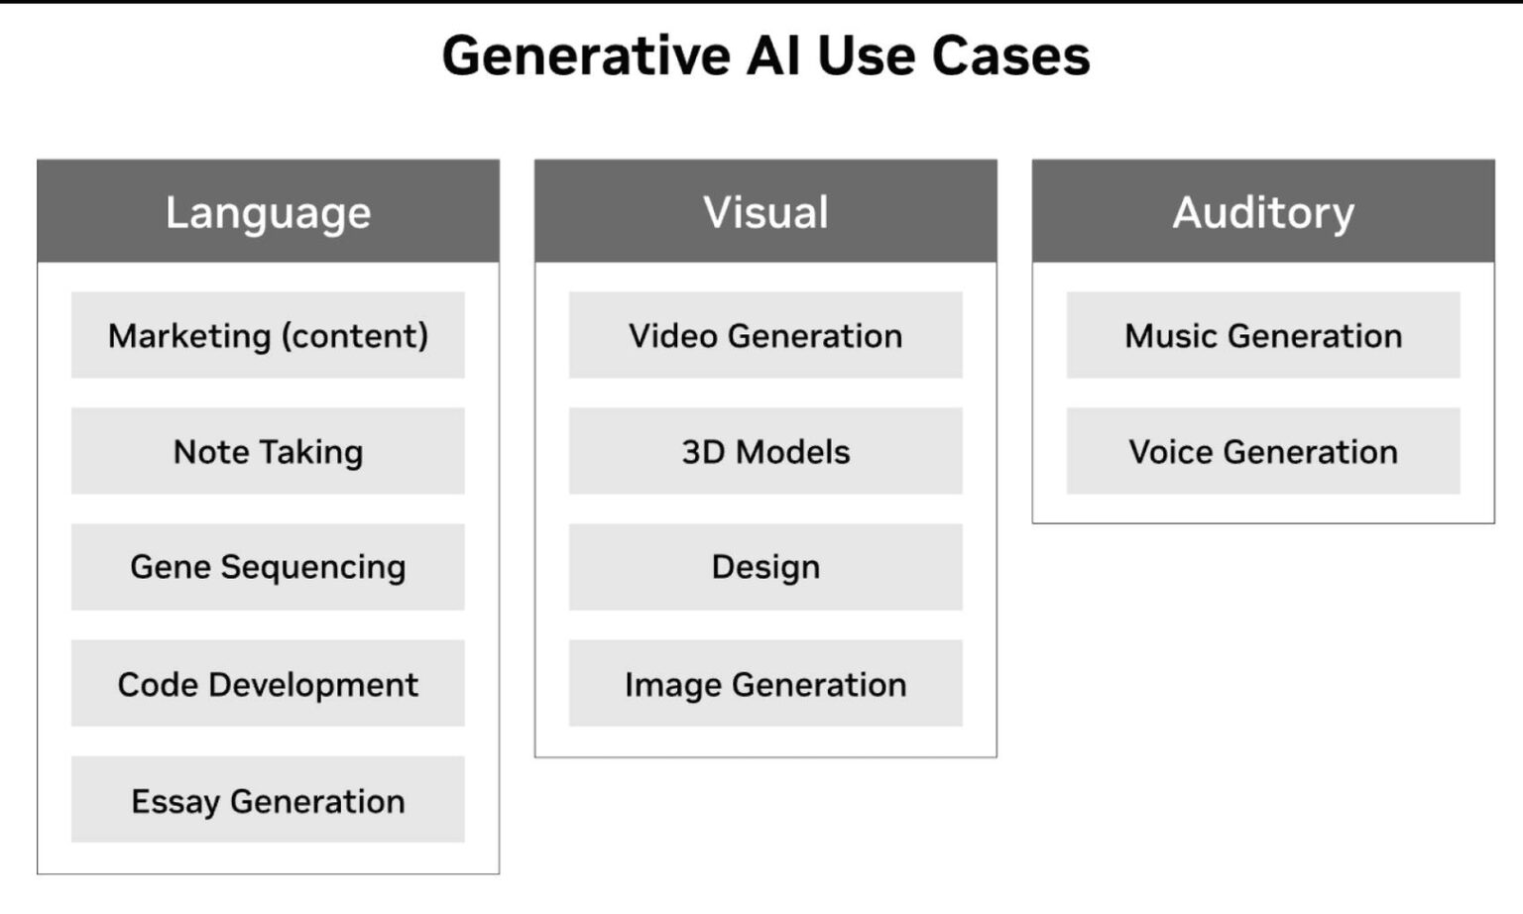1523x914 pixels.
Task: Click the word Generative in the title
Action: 585,56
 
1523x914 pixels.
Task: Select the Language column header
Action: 268,212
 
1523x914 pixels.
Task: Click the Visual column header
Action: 765,212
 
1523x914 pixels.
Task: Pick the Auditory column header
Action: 1263,212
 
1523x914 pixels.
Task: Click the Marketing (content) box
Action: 268,335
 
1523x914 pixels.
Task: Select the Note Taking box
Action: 268,451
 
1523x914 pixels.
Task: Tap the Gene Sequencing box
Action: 268,567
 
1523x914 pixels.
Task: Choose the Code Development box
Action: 268,683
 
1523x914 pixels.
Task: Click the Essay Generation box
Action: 268,800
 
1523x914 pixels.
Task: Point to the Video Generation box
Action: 765,335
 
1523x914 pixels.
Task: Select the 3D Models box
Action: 765,451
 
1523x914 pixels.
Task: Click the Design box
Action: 765,567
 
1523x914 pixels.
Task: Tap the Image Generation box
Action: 765,683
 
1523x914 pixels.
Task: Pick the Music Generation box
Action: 1263,335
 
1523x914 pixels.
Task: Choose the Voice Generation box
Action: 1263,451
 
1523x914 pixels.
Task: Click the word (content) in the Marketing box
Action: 355,336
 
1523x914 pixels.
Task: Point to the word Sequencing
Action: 313,567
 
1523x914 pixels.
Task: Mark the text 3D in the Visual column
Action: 701,452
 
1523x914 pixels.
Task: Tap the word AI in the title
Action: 773,56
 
